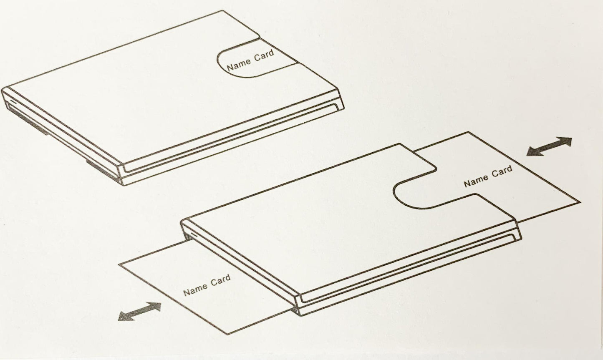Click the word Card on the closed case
coord(264,55)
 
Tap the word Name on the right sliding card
coord(475,180)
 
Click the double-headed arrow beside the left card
coord(139,311)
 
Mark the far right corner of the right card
coord(580,202)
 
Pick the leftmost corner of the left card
coord(119,264)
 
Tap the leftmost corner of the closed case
coord(3,89)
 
